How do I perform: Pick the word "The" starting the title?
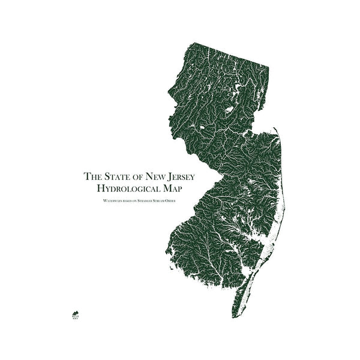point(92,176)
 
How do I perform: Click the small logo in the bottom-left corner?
point(74,313)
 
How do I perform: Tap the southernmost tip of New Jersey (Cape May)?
point(233,316)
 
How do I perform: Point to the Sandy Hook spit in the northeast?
point(276,130)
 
